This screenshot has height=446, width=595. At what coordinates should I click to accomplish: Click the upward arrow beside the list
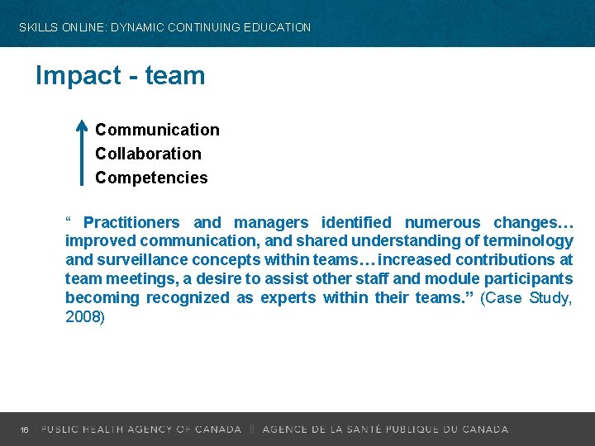pos(81,152)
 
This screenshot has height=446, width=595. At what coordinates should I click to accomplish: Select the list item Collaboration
pos(148,154)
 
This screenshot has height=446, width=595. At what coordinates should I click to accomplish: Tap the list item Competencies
pos(151,178)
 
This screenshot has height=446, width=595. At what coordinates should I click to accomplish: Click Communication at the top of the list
pos(157,130)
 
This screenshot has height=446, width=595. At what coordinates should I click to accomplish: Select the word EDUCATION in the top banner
pos(274,27)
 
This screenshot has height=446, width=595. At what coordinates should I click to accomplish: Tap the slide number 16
pos(25,429)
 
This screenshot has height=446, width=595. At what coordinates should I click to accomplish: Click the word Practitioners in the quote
pos(131,222)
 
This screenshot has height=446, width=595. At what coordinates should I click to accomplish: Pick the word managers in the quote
pos(273,222)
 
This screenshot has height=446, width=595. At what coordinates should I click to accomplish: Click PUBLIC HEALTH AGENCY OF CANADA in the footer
pos(141,429)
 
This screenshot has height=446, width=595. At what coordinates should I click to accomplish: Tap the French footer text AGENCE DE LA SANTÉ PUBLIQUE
pos(372,429)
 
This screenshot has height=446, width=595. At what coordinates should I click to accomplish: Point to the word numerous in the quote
pos(441,222)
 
